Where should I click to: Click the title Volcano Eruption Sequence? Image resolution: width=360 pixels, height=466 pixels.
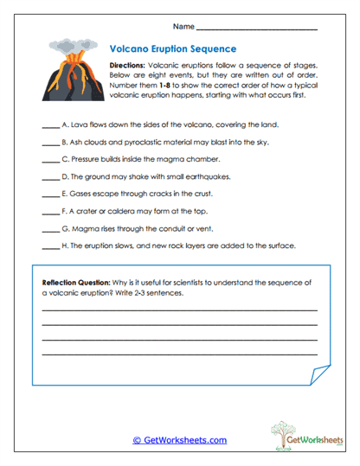pos(173,49)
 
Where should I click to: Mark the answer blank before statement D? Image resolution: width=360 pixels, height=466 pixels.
pos(50,177)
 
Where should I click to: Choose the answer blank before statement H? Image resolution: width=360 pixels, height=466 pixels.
pos(50,246)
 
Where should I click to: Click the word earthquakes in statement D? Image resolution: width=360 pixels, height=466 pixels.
pos(209,177)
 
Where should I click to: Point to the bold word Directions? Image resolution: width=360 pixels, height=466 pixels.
pos(128,65)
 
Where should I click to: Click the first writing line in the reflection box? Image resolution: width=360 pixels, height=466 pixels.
pos(179,310)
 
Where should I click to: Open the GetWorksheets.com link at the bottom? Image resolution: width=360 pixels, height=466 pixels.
pos(179,440)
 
